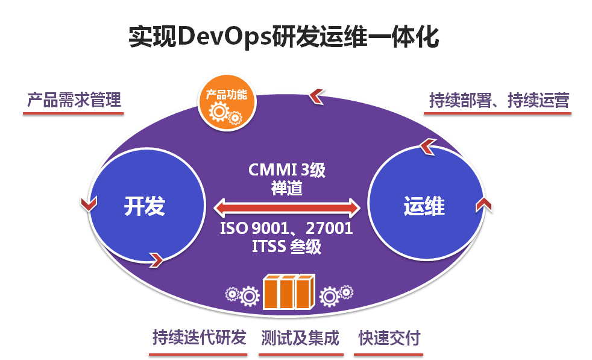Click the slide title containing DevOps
pyautogui.click(x=283, y=37)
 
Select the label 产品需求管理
pyautogui.click(x=74, y=99)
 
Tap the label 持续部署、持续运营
pyautogui.click(x=499, y=100)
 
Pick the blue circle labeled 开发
pyautogui.click(x=145, y=206)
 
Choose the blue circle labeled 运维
pyautogui.click(x=424, y=206)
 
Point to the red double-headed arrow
pyautogui.click(x=287, y=209)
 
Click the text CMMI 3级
pyautogui.click(x=287, y=170)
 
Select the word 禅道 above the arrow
pyautogui.click(x=287, y=188)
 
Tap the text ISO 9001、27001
pyautogui.click(x=286, y=229)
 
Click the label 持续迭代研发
pyautogui.click(x=199, y=338)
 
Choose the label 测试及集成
pyautogui.click(x=300, y=338)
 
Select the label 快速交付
pyautogui.click(x=389, y=338)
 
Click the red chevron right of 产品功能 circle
pyautogui.click(x=317, y=95)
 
